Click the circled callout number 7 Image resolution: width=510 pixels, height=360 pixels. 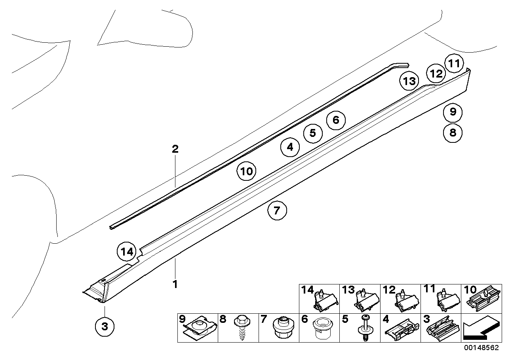277,210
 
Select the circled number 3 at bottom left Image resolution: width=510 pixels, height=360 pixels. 105,326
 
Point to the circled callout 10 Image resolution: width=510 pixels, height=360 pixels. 246,172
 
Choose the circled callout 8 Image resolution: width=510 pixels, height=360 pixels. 453,133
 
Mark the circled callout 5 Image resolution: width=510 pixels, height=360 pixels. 313,133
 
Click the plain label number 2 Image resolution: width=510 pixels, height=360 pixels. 175,149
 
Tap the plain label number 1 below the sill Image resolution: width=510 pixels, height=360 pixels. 175,284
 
